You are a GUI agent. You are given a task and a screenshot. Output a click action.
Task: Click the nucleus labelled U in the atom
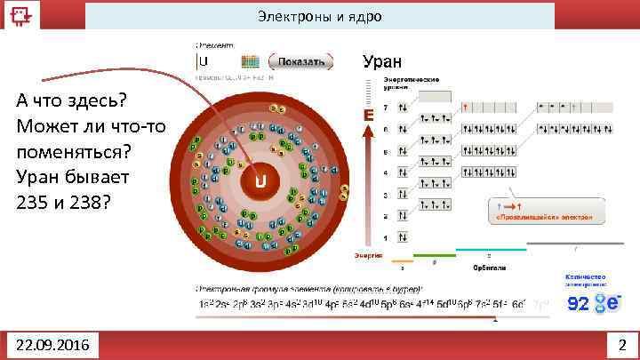[x=261, y=183]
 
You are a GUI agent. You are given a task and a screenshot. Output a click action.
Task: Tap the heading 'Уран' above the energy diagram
[x=382, y=61]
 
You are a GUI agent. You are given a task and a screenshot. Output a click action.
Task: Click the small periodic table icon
[x=251, y=61]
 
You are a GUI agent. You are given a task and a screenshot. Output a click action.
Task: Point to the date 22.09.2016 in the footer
[x=52, y=344]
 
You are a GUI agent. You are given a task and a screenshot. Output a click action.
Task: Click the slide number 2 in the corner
[x=621, y=344]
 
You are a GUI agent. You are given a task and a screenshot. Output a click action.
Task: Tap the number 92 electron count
[x=578, y=304]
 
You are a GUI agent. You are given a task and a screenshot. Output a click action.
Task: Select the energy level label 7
[x=385, y=108]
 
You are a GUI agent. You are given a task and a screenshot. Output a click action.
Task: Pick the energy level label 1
[x=385, y=238]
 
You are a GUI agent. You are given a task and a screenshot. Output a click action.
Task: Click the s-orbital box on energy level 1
[x=403, y=238]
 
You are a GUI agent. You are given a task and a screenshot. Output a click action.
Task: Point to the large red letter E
[x=366, y=116]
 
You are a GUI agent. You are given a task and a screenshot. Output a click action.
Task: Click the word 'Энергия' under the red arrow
[x=368, y=255]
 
